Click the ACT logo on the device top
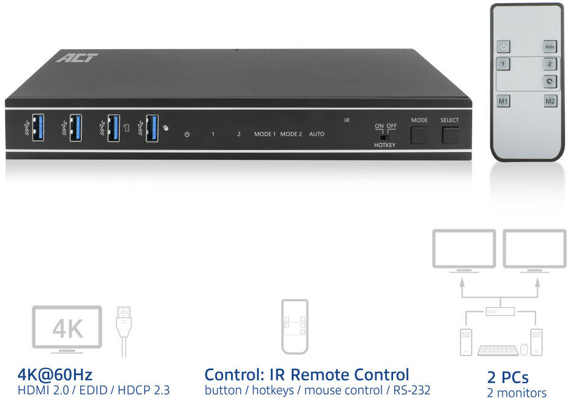tap(77, 58)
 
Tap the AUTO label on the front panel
tap(317, 134)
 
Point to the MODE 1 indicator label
tap(265, 134)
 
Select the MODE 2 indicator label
tap(291, 134)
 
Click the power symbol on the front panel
tap(187, 134)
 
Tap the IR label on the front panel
tap(347, 120)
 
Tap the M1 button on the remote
tap(503, 101)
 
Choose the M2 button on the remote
tap(550, 101)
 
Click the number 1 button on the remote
tap(503, 64)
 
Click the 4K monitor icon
tap(67, 329)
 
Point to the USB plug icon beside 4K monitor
tap(124, 331)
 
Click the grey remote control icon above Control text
tap(295, 327)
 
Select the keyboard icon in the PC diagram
tap(498, 350)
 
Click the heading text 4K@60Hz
tap(55, 374)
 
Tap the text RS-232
tap(412, 390)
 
